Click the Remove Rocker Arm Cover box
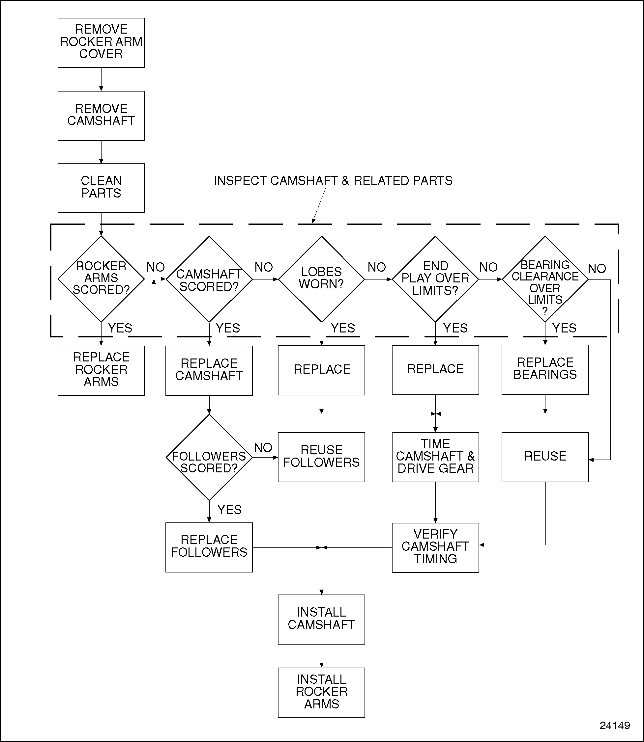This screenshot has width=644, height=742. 101,42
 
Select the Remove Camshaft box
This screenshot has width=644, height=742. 101,116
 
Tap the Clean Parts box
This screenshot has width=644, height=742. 101,188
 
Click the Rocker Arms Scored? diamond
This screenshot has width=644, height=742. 101,278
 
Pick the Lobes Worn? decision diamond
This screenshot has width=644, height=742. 321,278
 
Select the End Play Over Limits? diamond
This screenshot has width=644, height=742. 435,278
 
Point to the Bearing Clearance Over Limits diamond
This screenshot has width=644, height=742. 545,278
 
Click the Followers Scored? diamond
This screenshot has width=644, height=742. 209,457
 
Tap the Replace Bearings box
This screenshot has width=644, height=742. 545,369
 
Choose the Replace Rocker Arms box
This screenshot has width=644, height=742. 101,370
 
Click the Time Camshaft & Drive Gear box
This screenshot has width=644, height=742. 435,457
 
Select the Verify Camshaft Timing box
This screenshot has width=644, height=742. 435,547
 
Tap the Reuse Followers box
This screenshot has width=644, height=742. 321,457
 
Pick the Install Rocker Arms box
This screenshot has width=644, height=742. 321,692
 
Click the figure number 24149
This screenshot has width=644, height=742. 615,725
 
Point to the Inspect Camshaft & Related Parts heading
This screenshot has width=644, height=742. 333,181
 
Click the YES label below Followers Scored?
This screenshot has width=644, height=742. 229,510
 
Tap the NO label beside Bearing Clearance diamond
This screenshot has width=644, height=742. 597,268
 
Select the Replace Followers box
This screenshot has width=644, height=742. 209,547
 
